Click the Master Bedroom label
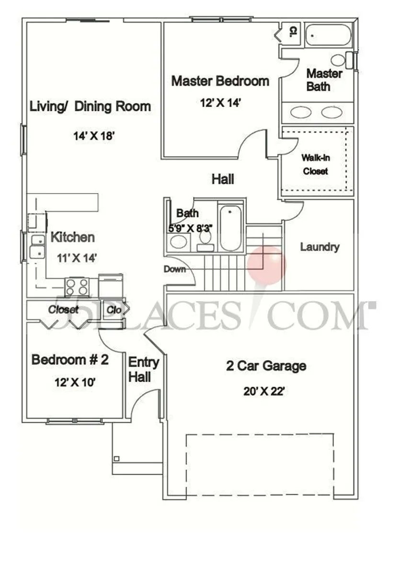coord(220,81)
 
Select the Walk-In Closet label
coord(315,164)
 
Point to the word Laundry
coord(320,247)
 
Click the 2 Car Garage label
coord(266,366)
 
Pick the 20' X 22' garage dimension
coord(264,391)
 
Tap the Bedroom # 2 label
coord(70,360)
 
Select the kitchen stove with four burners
coord(77,287)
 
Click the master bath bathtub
coord(329,35)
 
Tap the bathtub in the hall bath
coord(231,227)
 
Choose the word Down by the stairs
coord(174,269)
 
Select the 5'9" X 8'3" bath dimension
coord(191,228)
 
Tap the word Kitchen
coord(72,237)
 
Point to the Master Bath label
coord(324,80)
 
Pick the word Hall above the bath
coord(223,179)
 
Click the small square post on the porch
coord(116,458)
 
